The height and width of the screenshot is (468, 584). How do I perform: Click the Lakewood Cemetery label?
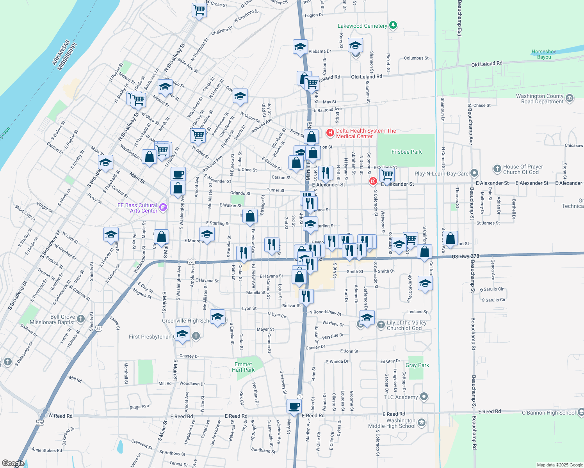pos(362,26)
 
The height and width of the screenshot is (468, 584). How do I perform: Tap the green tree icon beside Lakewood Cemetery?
pos(393,26)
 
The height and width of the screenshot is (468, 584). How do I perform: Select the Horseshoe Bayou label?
pos(544,54)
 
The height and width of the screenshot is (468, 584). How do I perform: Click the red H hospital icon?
pos(330,133)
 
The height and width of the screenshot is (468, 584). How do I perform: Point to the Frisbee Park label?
pos(406,152)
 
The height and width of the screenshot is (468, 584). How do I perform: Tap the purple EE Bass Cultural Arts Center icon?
pos(163,207)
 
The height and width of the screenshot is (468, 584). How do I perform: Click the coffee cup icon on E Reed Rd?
pos(294,406)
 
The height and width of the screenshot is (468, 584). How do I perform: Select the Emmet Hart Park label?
pos(243,367)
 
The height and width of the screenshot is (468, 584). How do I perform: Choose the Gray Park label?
pos(417,365)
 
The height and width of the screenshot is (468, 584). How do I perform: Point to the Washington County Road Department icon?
pos(570,98)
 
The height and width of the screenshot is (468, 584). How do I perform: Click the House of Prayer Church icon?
pos(497,169)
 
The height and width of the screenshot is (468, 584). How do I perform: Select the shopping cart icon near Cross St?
pos(199,10)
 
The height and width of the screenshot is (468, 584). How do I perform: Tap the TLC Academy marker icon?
pos(424,397)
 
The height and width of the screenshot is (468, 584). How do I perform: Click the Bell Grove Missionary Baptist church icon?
pos(81,319)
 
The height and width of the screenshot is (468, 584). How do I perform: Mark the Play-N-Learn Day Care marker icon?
pos(474,173)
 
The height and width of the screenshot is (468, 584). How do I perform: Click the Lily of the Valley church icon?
pos(381,325)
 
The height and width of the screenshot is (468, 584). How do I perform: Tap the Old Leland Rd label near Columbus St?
pos(486,64)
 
